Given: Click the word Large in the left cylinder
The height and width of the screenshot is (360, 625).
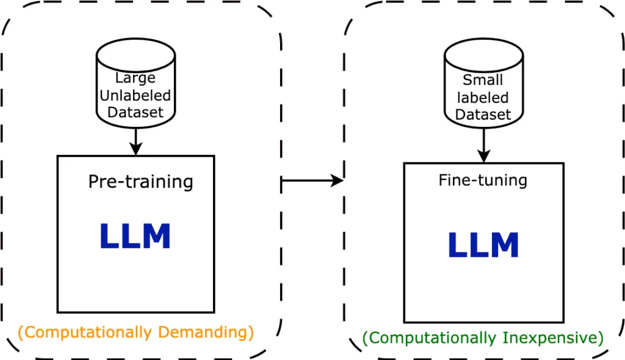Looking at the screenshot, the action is click(135, 78).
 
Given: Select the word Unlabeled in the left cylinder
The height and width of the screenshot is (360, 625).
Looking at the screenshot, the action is click(135, 95).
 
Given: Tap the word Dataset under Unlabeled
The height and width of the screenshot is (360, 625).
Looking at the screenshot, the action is click(135, 112).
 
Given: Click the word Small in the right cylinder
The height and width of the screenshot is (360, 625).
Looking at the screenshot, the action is click(483, 80).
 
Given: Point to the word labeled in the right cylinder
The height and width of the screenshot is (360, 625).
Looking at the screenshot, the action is click(483, 98).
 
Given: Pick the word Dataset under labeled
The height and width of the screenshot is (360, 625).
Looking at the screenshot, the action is click(483, 115).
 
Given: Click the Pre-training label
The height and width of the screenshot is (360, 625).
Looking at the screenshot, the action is click(141, 182).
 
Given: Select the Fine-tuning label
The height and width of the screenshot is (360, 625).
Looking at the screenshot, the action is click(483, 180).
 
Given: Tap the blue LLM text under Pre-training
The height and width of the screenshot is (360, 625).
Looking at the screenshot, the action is click(135, 236).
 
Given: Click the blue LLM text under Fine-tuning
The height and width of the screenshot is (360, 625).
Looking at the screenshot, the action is click(483, 245).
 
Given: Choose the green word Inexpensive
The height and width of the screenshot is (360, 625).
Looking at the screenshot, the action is click(553, 337).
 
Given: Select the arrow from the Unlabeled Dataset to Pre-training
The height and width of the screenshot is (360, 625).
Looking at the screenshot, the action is click(136, 142).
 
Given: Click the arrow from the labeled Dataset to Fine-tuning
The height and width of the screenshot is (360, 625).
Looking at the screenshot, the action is click(484, 145).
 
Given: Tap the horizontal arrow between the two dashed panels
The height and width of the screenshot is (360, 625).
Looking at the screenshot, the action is click(312, 181).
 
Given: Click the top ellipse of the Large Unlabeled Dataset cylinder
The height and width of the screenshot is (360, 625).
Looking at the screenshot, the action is click(136, 56).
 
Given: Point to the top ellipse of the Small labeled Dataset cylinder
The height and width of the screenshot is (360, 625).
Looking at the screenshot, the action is click(484, 56).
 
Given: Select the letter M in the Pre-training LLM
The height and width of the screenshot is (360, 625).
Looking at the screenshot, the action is click(157, 236).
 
